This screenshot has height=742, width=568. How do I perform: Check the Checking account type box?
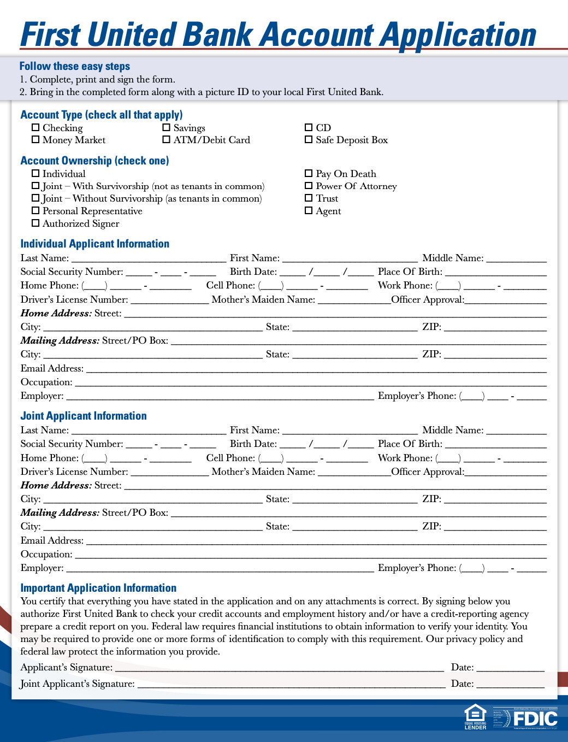tap(35, 128)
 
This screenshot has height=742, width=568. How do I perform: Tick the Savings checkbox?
tap(167, 128)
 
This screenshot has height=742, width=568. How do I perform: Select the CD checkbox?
tap(309, 128)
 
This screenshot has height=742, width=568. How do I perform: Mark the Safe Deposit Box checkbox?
tap(309, 140)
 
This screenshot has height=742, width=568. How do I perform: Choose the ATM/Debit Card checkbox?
tap(167, 140)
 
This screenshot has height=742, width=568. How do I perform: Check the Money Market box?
tap(35, 140)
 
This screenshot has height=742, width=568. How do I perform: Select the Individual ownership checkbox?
tap(35, 174)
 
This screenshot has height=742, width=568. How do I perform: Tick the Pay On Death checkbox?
tap(309, 174)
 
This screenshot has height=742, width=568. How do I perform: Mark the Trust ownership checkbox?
tap(309, 198)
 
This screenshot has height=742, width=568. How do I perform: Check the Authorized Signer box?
tap(35, 223)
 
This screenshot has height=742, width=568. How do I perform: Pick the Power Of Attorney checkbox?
tap(309, 186)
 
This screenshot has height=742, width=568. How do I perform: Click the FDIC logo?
tap(535, 719)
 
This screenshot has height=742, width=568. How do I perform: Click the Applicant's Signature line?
tap(279, 667)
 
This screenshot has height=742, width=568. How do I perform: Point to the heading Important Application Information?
tap(98, 588)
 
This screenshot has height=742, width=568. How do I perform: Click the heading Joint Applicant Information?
tap(84, 416)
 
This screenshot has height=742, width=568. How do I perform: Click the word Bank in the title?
tap(219, 35)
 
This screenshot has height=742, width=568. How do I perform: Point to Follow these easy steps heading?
tap(75, 66)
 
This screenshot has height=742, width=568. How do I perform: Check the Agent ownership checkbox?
tap(309, 211)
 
